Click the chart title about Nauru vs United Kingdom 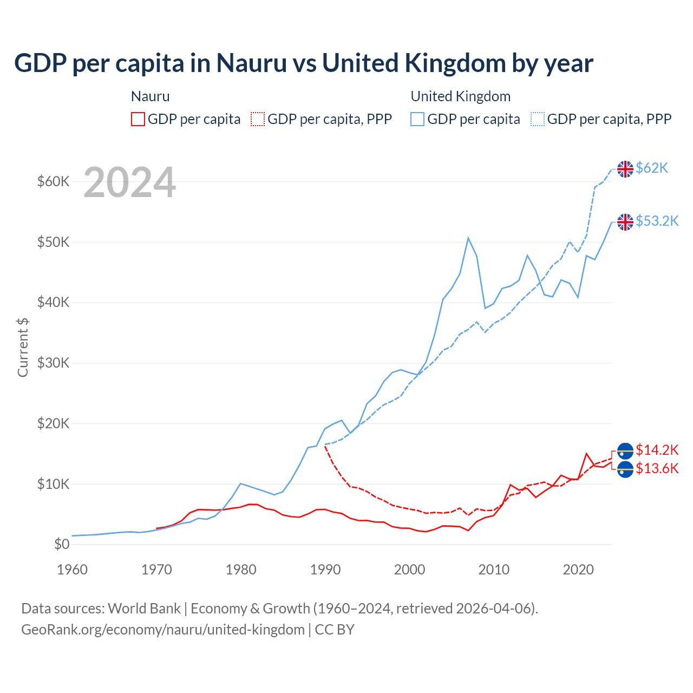(304, 63)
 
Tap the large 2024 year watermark (129, 182)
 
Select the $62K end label (652, 168)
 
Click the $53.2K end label (657, 221)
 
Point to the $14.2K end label (657, 450)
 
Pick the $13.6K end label (657, 468)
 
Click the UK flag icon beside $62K (625, 169)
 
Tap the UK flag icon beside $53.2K (625, 222)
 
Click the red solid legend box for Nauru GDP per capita (138, 119)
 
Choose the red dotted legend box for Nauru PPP (258, 119)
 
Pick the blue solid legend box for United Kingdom (417, 119)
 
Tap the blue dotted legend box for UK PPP (538, 119)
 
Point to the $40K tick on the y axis (53, 302)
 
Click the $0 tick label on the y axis (62, 544)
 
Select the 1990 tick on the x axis (325, 570)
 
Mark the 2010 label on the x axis (494, 570)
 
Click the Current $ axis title (23, 347)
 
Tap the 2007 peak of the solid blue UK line (468, 238)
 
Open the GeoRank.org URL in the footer (163, 630)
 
